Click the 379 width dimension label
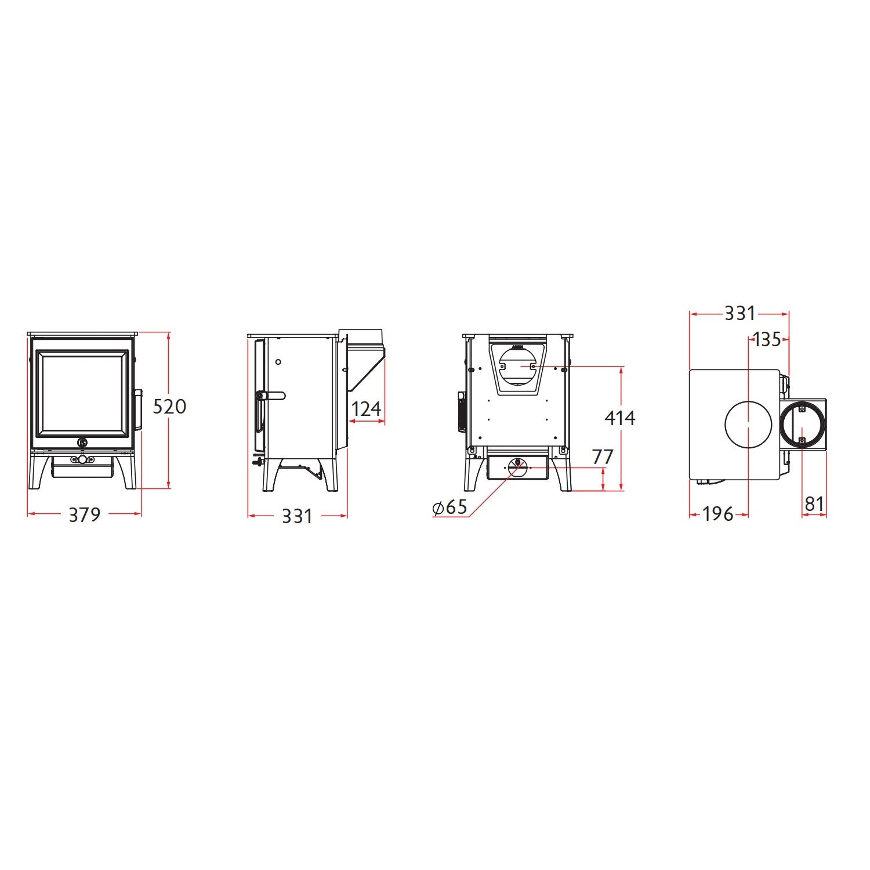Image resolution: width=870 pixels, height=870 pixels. click(x=84, y=514)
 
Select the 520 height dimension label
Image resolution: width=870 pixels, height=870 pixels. click(x=169, y=407)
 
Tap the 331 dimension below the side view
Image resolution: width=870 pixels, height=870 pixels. click(x=297, y=516)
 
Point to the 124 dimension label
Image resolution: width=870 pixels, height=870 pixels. click(x=366, y=409)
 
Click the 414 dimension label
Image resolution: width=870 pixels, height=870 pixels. click(x=619, y=418)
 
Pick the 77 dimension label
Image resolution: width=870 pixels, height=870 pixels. click(x=603, y=457)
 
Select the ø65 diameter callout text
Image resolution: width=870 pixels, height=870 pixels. click(x=450, y=507)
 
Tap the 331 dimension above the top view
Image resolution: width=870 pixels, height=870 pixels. click(x=739, y=313)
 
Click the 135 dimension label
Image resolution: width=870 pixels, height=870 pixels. click(x=767, y=339)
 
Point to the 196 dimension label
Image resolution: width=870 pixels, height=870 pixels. click(x=718, y=514)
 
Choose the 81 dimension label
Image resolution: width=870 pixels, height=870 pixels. click(x=814, y=504)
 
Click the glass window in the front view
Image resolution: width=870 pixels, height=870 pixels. click(x=82, y=394)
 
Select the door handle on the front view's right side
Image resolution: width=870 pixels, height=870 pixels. click(x=139, y=409)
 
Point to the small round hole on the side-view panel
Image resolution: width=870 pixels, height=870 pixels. click(x=278, y=362)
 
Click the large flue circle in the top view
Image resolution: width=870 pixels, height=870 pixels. click(x=748, y=425)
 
